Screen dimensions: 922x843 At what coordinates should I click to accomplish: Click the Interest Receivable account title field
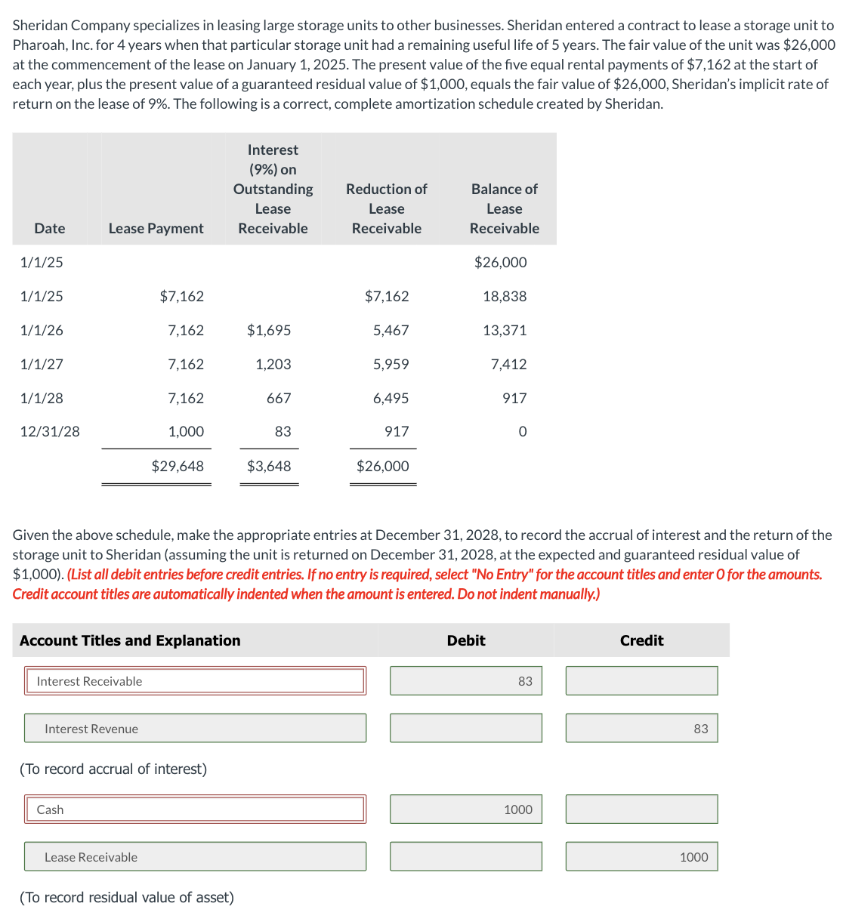point(195,681)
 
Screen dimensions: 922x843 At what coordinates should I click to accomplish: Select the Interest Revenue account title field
point(195,729)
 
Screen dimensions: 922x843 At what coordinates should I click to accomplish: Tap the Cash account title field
point(195,809)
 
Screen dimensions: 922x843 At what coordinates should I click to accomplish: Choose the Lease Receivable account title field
point(195,857)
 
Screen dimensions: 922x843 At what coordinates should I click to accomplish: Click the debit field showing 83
point(465,681)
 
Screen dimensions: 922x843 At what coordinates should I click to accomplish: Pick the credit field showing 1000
point(641,857)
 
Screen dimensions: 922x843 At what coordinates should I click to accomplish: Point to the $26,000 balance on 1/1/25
point(500,262)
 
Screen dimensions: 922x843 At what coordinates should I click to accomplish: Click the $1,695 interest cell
point(269,330)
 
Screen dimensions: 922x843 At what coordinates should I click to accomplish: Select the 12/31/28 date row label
point(50,431)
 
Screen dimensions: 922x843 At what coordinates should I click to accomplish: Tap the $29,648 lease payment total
point(178,466)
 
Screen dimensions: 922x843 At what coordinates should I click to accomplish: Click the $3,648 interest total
point(269,466)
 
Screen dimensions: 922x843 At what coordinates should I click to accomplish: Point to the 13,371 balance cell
point(505,330)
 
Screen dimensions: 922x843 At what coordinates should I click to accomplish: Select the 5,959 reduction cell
point(391,364)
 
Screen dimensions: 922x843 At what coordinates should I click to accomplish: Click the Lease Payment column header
point(156,228)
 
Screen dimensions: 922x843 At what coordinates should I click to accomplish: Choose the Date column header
point(50,228)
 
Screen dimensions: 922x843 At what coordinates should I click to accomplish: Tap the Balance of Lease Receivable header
point(504,208)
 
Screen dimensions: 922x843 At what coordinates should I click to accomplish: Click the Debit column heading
point(466,640)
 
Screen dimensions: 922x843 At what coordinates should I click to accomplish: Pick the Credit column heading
point(641,640)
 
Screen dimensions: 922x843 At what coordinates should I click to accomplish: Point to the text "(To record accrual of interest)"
point(113,769)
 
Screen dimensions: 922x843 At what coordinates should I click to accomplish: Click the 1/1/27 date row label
point(42,364)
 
